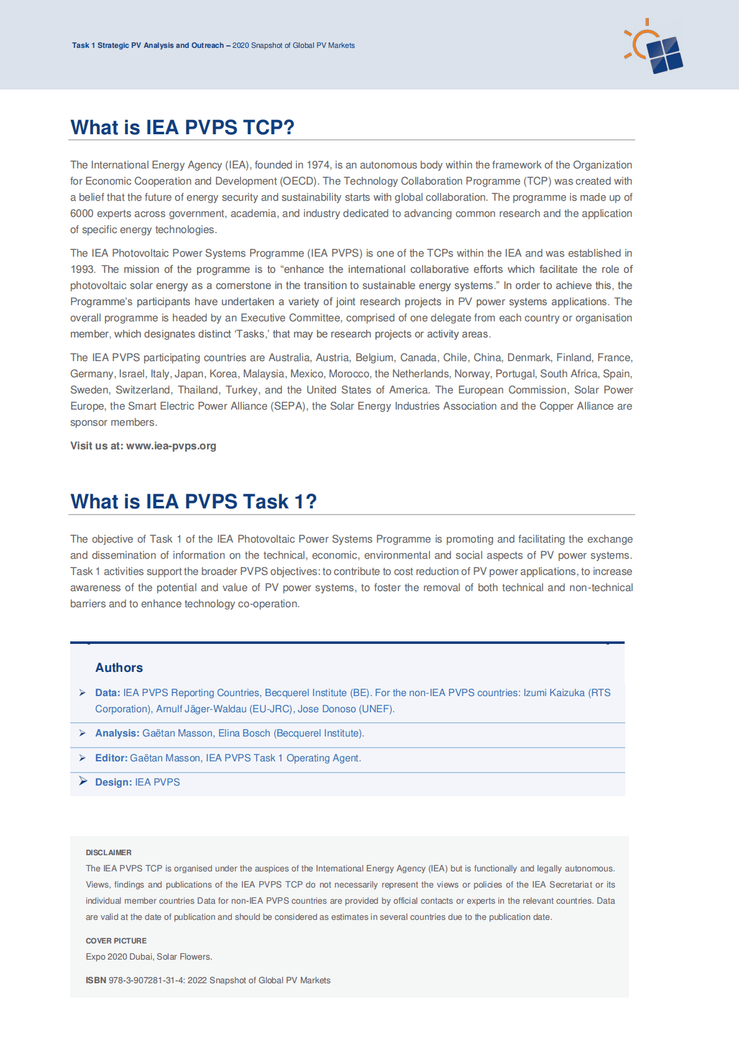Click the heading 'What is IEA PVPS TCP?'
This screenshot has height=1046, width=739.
182,127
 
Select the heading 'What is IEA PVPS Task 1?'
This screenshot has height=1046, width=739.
193,502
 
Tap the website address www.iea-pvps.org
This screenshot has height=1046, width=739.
171,446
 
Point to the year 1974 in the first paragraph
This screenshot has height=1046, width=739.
318,165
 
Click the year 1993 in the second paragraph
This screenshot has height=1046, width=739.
82,269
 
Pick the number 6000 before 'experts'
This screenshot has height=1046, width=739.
81,213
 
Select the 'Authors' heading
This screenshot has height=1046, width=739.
119,668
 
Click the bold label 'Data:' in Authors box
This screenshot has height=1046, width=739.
108,692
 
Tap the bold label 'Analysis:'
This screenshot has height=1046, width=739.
117,733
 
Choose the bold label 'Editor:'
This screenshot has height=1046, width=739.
111,758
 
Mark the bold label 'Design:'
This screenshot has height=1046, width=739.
113,782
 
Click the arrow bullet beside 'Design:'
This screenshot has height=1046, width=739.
83,781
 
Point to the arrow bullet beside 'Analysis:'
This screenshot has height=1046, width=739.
83,733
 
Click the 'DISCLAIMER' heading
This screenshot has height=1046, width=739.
109,853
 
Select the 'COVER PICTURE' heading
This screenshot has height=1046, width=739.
116,941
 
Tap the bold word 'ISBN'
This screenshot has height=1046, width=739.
96,981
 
